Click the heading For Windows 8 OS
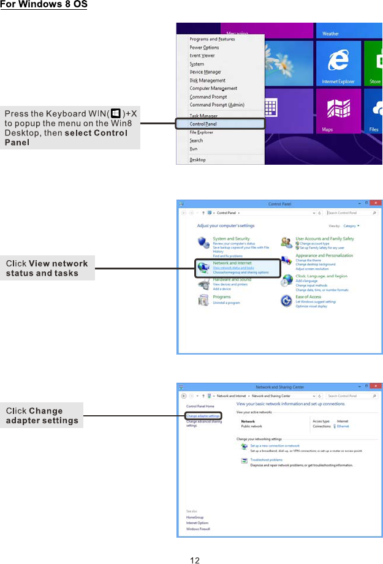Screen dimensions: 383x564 (x=44, y=6)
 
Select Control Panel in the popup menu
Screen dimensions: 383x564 (x=203, y=124)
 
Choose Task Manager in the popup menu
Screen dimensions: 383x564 (x=203, y=116)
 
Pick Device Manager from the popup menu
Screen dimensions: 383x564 (x=205, y=72)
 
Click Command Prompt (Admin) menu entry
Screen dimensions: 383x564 (x=217, y=105)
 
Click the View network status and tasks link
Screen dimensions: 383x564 (x=233, y=268)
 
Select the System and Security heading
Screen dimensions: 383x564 (x=231, y=239)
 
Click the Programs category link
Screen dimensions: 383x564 (x=222, y=297)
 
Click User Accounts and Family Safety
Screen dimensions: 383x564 (x=325, y=239)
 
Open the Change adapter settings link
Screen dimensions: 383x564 (x=203, y=416)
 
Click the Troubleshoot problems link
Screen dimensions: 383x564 (x=267, y=460)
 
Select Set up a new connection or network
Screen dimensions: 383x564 (x=275, y=446)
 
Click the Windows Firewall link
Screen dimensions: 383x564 (x=198, y=528)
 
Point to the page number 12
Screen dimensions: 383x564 (x=195, y=560)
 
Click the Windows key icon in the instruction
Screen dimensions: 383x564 (x=115, y=113)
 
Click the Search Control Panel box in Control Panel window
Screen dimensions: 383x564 (x=349, y=212)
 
